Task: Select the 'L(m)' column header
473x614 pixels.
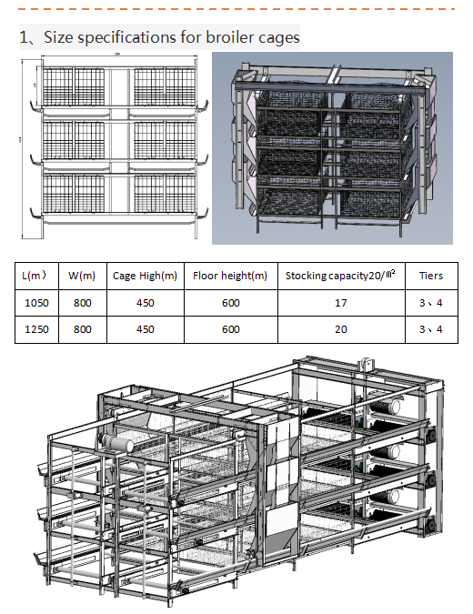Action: [35, 276]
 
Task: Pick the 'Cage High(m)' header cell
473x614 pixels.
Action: [145, 276]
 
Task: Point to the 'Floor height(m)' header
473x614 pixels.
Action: [230, 276]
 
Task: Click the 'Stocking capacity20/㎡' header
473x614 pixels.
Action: [340, 276]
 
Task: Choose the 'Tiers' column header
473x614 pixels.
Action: [431, 276]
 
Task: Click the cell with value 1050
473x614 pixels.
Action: [35, 303]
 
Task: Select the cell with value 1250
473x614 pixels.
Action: [35, 329]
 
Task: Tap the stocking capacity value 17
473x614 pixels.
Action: [340, 303]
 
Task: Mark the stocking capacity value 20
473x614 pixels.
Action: [340, 329]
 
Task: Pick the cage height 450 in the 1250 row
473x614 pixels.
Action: [145, 329]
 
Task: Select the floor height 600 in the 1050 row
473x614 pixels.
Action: [230, 303]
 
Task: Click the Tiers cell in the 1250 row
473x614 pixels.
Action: [431, 329]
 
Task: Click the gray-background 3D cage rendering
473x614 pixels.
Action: [331, 148]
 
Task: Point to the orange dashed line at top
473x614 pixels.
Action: [236, 8]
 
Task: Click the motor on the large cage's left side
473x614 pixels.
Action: [116, 441]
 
